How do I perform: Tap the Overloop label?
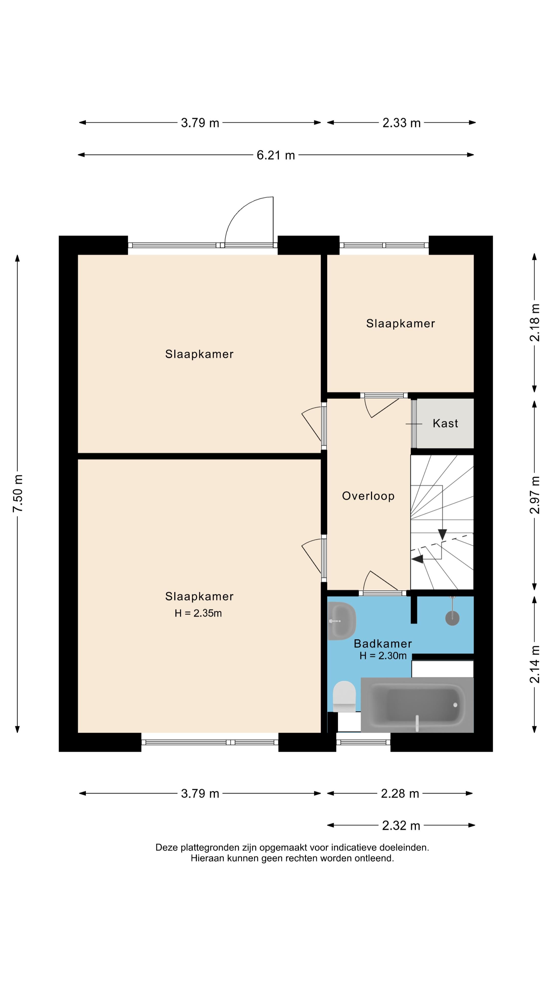[368, 496]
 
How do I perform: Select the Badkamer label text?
[383, 644]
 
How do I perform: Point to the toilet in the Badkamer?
[344, 696]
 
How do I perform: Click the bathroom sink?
[341, 621]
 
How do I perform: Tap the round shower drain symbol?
[452, 618]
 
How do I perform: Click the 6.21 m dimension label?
[276, 155]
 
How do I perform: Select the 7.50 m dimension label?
[18, 493]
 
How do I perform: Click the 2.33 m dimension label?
[401, 123]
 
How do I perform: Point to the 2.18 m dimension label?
[535, 323]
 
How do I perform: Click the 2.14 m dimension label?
[535, 664]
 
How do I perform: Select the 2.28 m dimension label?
[400, 794]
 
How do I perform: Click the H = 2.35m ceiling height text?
[198, 613]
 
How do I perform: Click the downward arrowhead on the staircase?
[442, 534]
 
